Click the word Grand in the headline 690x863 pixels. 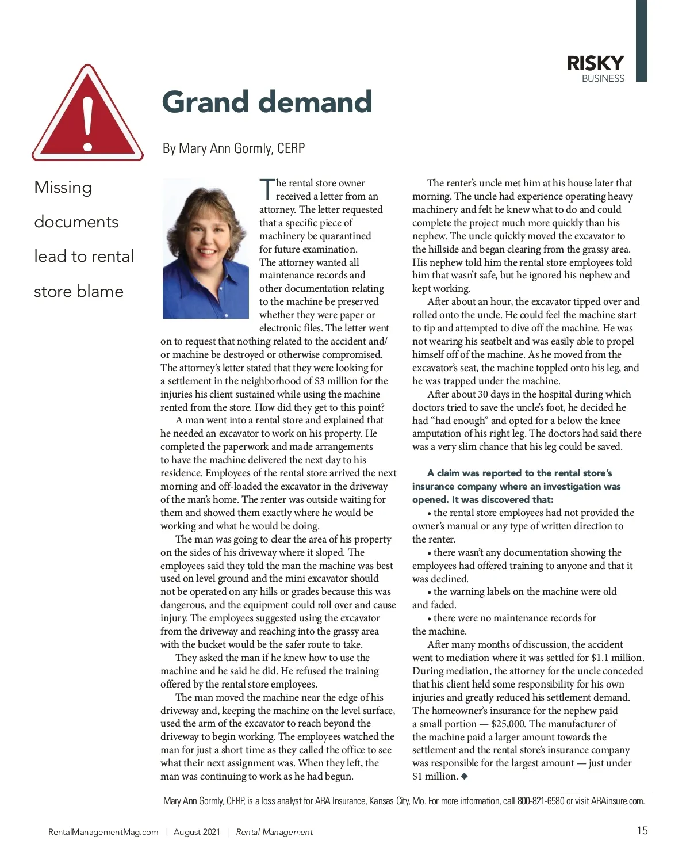[206, 102]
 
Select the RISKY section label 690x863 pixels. [595, 63]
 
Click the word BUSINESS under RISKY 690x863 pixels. [603, 79]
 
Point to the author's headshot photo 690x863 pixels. [206, 249]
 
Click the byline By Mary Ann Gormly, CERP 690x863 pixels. [233, 148]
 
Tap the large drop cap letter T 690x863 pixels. [267, 189]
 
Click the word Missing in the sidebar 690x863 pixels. [63, 188]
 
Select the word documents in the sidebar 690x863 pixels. [76, 222]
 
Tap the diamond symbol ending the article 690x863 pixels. [465, 777]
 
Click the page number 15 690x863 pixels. [642, 830]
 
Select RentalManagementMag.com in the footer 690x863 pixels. [103, 832]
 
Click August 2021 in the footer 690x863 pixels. [197, 832]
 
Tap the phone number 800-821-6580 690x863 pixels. [540, 801]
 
